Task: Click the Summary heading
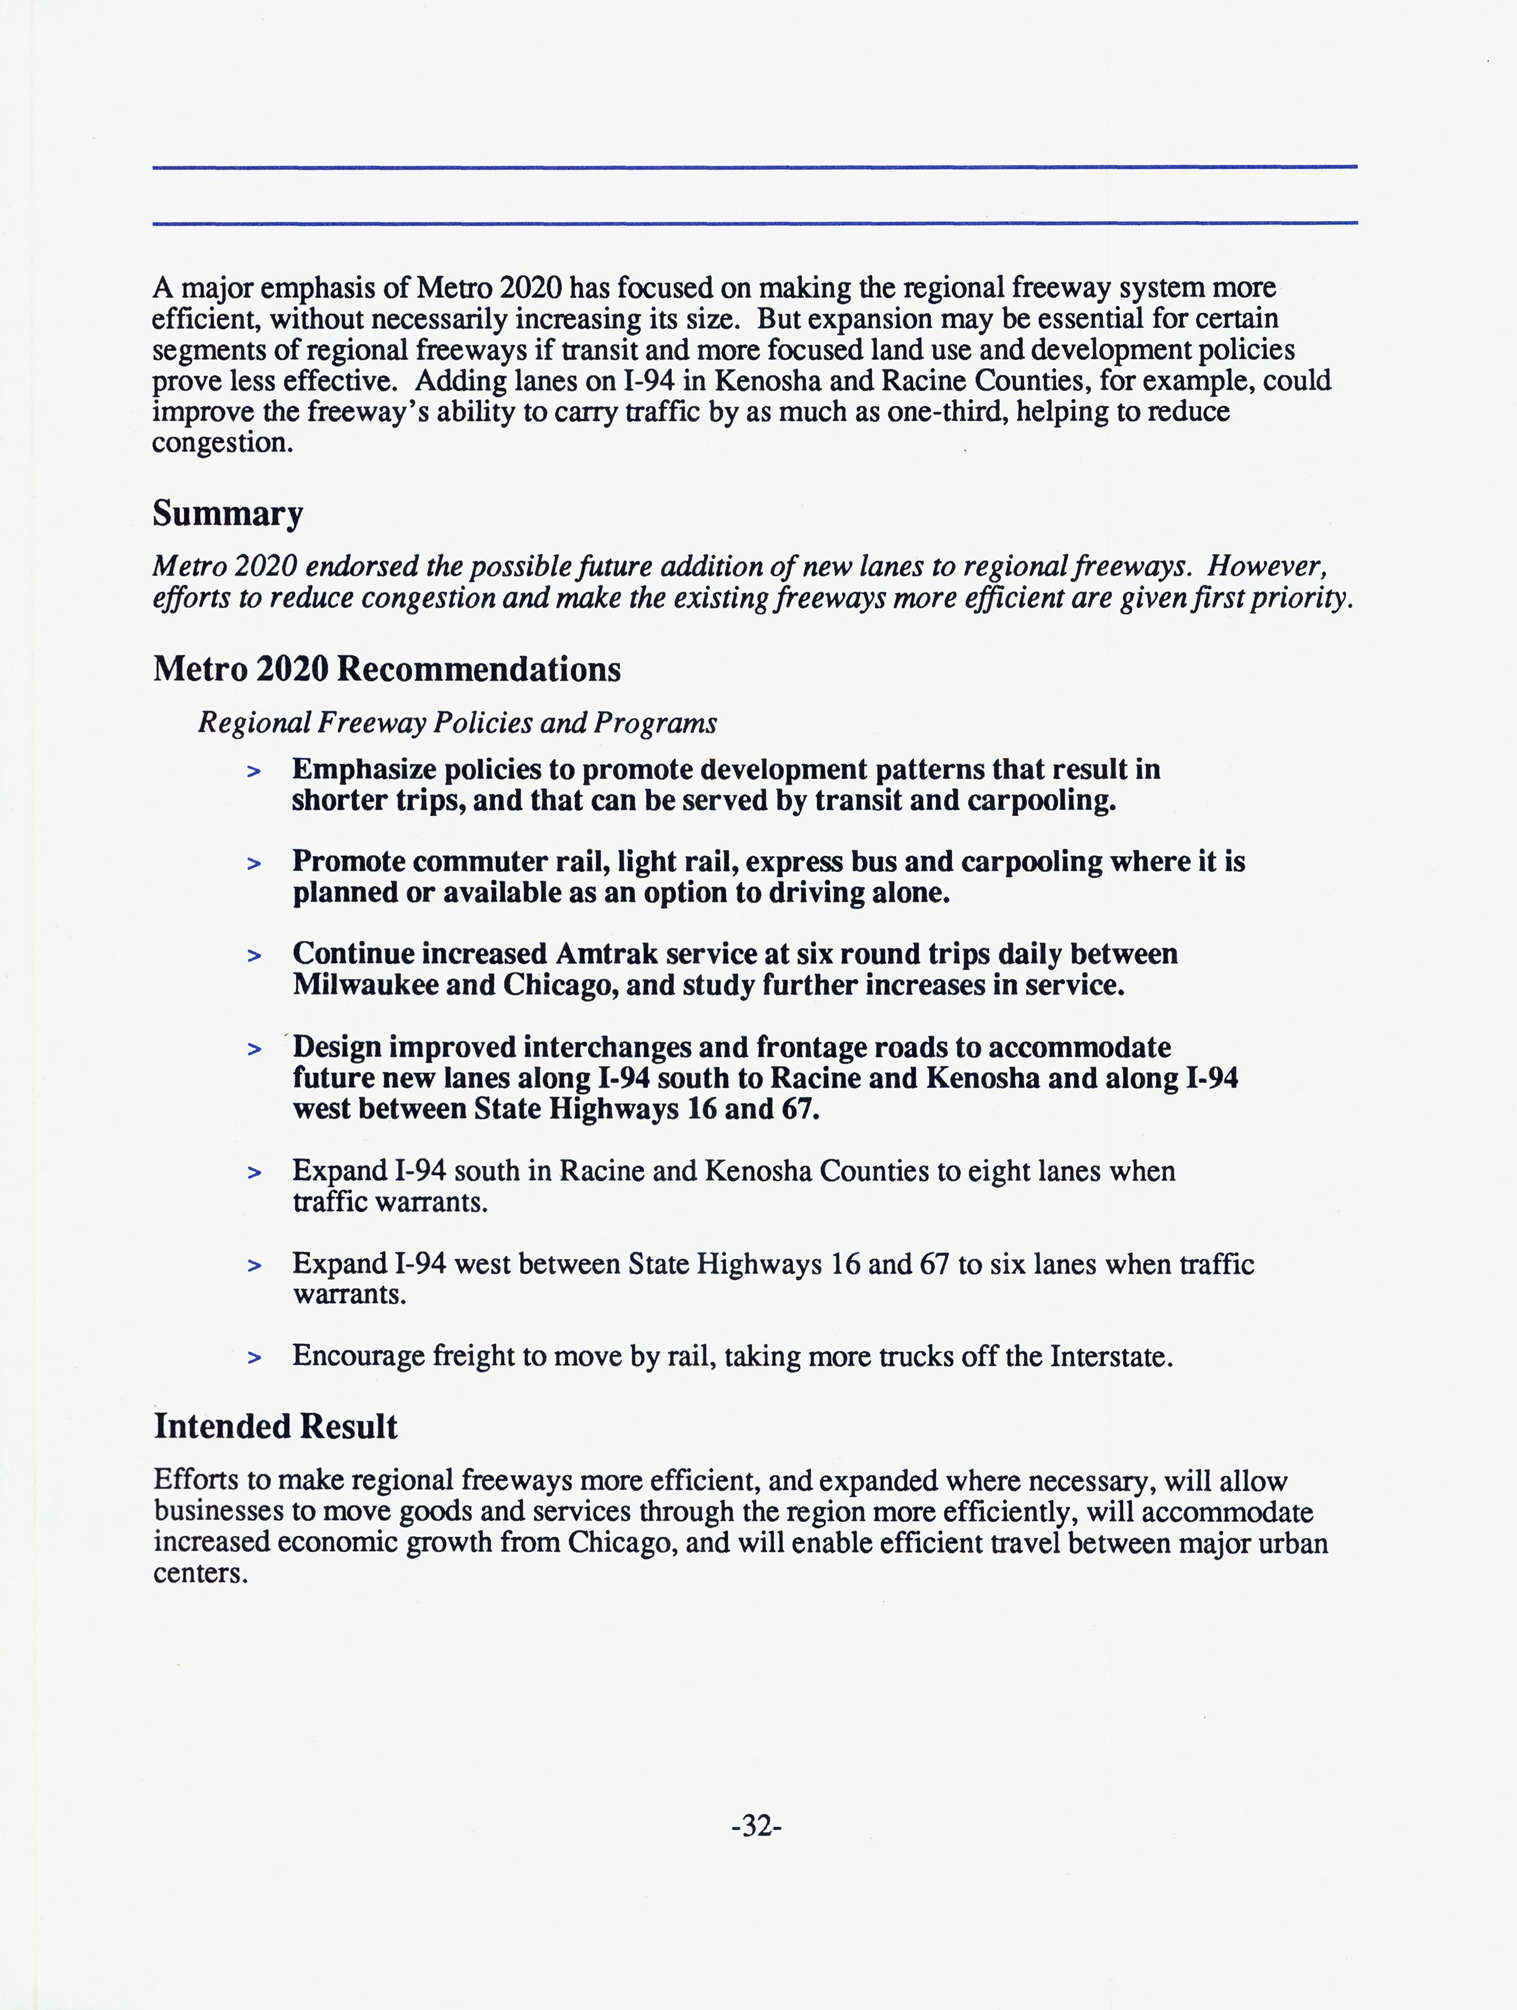point(227,513)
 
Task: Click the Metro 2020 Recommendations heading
point(387,670)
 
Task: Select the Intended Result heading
point(275,1427)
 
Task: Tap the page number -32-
point(757,1825)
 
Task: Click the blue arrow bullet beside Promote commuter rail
point(254,864)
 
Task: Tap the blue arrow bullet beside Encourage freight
point(254,1358)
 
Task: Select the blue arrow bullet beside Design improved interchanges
point(254,1049)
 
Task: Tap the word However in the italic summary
point(1267,566)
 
